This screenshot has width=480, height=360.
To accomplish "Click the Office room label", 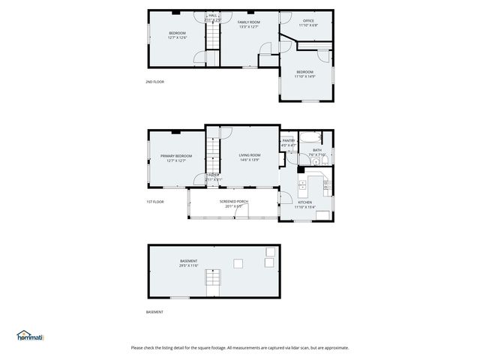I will point(307,20).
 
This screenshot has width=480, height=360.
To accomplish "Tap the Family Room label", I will point(248,22).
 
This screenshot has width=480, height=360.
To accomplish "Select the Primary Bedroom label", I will point(176,156).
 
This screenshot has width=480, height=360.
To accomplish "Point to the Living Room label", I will point(249,154).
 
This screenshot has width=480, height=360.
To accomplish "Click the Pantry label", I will point(288,140).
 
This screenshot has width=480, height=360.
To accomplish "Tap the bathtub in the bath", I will point(310,137).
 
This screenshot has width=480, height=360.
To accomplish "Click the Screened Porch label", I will point(233,201).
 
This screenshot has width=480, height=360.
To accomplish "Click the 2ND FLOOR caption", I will point(154,82).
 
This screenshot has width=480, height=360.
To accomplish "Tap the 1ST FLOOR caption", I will point(154,202).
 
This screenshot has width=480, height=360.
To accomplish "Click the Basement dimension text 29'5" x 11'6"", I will point(188,265).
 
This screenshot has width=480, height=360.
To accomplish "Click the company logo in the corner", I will point(31,336).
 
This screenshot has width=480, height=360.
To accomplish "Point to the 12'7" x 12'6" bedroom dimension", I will point(177,37).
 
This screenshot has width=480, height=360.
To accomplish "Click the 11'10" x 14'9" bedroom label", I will point(304,72).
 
